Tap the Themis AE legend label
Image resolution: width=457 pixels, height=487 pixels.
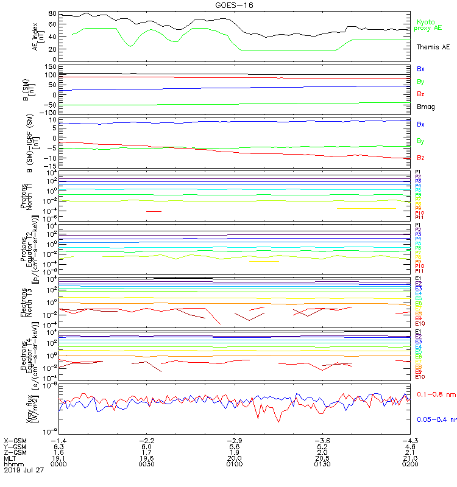[433, 47]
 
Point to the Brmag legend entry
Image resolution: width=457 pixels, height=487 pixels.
[425, 107]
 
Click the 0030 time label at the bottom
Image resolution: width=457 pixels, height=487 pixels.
[146, 464]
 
